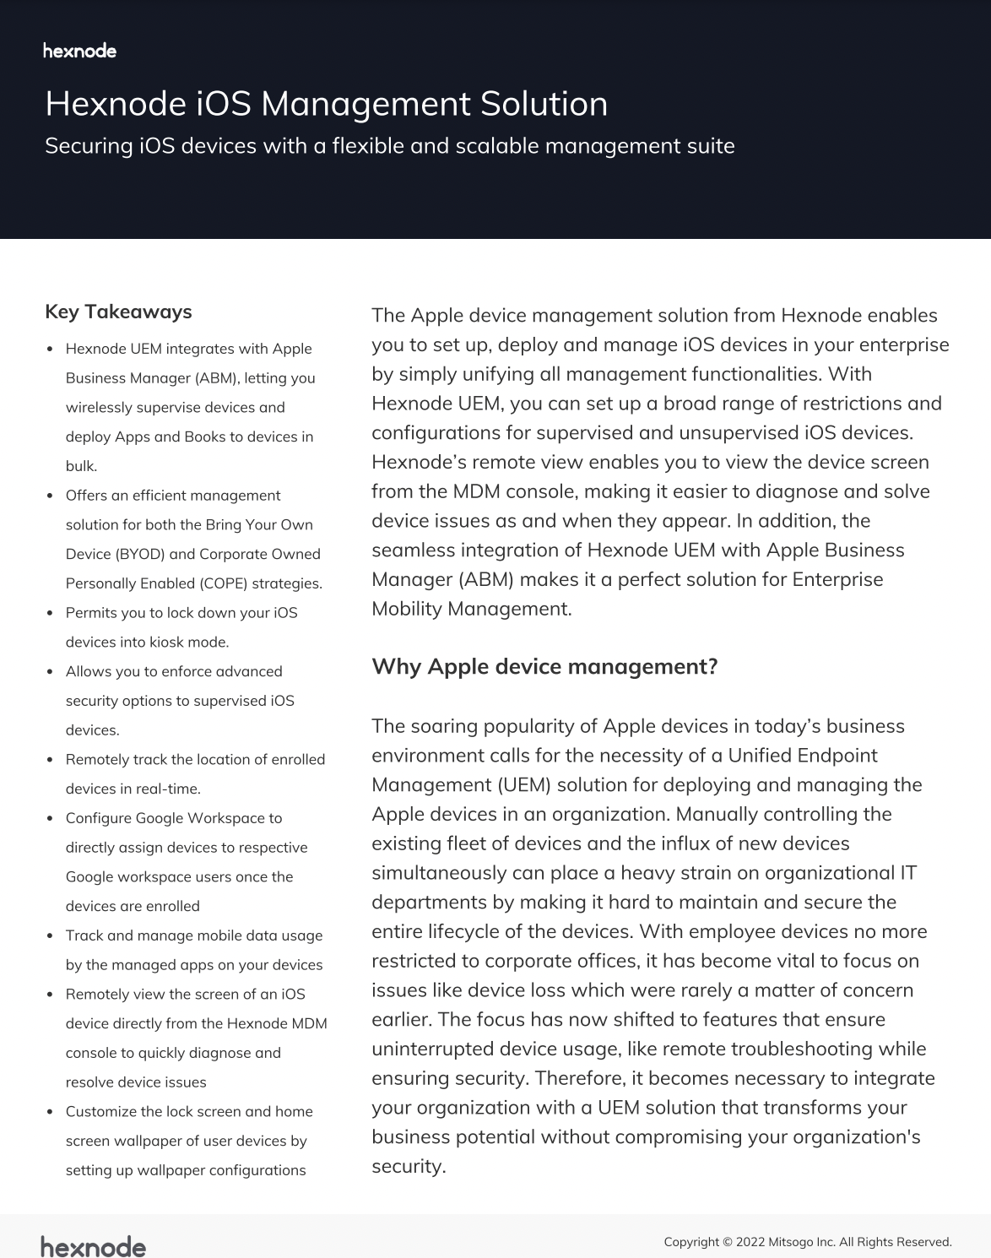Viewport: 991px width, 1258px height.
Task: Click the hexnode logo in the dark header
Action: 79,51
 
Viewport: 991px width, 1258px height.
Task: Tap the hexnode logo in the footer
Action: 93,1246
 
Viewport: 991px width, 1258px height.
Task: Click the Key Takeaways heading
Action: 118,312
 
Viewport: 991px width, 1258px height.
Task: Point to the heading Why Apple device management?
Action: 544,666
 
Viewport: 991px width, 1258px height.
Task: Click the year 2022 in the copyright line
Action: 750,1242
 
